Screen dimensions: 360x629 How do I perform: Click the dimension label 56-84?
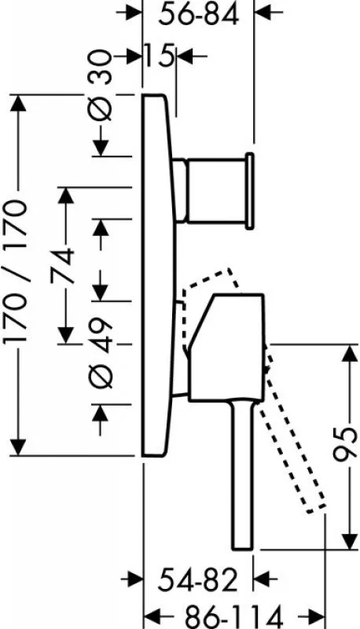pos(198,15)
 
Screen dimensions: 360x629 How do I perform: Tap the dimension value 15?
pos(159,55)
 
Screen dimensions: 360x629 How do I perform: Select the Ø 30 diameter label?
pos(100,85)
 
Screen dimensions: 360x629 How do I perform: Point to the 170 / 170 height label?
pos(16,271)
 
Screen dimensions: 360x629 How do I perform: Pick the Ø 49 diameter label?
pos(101,352)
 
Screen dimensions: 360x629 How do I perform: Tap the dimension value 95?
pos(345,445)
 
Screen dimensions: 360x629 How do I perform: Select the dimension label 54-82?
pos(197,580)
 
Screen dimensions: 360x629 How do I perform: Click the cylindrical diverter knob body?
pos(215,190)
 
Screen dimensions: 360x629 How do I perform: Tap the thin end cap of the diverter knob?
pos(249,191)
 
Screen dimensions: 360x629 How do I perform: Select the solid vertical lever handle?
pos(242,475)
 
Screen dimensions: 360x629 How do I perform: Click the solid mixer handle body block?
pos(227,348)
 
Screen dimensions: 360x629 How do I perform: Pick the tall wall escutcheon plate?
pos(159,276)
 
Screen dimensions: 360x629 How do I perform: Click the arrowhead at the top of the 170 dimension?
pos(18,104)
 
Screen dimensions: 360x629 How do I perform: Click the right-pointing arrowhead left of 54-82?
pos(134,579)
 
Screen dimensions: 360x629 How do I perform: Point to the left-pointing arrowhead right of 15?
pos(185,56)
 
